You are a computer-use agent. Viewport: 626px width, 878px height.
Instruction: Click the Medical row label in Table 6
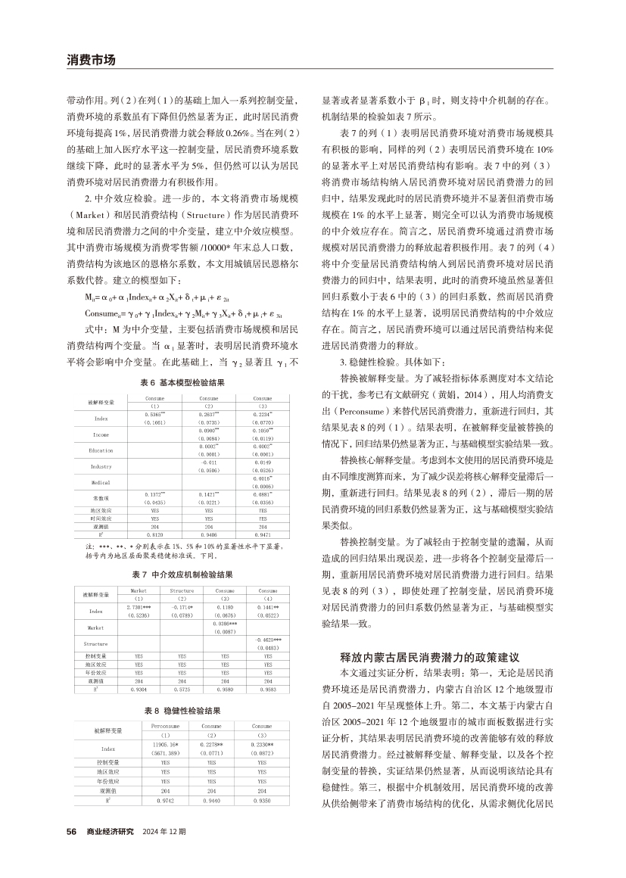101,482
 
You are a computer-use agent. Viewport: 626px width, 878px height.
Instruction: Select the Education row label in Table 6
101,450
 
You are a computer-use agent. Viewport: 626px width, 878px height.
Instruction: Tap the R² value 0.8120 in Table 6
155,534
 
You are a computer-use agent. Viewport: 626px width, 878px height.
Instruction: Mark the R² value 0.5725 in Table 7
182,690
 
